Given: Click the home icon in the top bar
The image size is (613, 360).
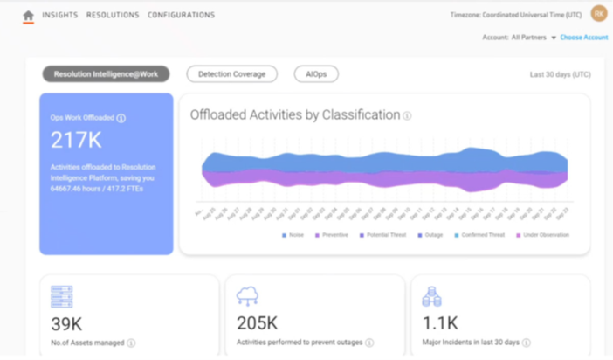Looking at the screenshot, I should coord(28,15).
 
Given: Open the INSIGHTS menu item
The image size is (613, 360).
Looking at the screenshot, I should coord(59,15).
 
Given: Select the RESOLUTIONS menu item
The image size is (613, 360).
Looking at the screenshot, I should coord(113,15).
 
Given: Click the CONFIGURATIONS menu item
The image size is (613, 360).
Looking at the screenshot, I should coord(181,15).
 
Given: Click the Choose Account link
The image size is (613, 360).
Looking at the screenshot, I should coord(583,38).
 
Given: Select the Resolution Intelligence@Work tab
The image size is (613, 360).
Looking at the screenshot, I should coord(106,74).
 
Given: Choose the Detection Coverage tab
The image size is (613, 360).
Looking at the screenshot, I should coord(231,74).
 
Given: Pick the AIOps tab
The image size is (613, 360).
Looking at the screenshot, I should coord(316,74).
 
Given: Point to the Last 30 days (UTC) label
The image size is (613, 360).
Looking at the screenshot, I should coord(560,74).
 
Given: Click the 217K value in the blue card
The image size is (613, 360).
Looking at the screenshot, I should coord(77,140).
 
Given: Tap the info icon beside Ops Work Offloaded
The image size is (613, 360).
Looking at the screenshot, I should coord(121,118).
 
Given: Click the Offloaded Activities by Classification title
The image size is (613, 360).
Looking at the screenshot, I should coord(295,115).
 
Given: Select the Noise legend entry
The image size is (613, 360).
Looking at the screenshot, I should coord(293,235).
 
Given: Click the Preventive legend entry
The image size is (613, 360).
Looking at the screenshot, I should coord(331,235).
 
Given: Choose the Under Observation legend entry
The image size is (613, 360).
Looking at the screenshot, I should coord(542,235).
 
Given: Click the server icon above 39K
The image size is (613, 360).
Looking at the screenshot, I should coord(61,297).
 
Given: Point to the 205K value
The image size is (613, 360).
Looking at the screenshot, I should coord(257,323).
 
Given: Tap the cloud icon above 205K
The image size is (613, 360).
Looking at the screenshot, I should coord(247,297).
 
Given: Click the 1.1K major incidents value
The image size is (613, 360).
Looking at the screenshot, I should coord(441,323).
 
